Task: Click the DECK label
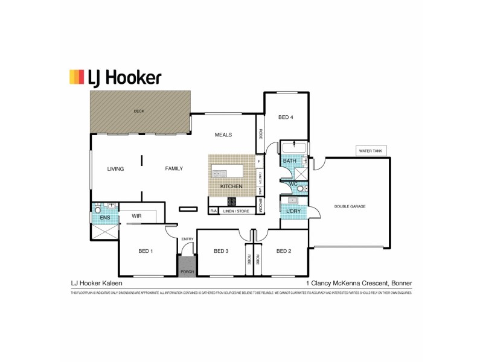(139, 111)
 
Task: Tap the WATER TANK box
(371, 151)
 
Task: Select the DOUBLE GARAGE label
(350, 206)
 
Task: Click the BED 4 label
(286, 117)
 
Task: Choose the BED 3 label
(221, 250)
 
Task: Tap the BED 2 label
(284, 250)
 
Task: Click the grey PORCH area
(187, 266)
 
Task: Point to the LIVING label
(115, 169)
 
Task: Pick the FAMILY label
(174, 169)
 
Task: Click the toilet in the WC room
(301, 189)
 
